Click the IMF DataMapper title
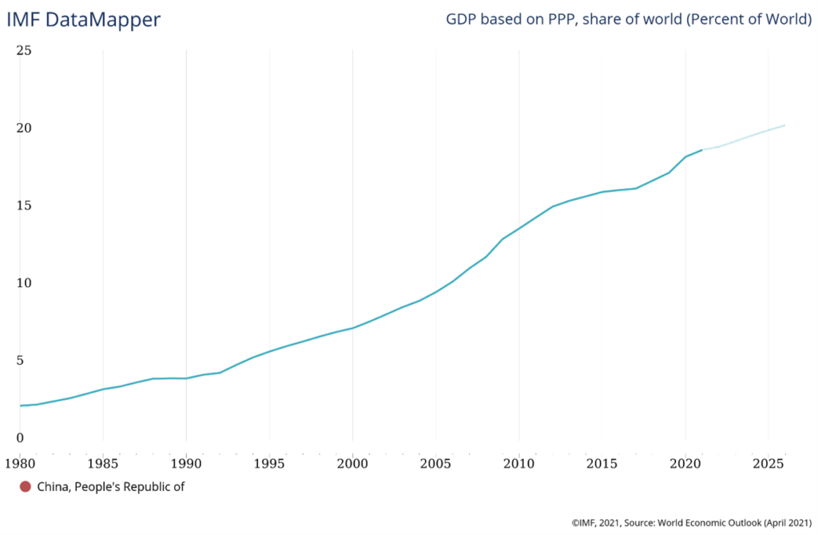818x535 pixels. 83,20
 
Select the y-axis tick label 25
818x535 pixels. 24,50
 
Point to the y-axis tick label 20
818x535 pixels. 24,128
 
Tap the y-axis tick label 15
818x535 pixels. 24,206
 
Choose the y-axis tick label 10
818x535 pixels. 24,283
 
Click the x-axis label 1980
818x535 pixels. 20,463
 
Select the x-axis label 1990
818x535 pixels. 186,463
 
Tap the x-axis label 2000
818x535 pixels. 352,463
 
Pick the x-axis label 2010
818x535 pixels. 518,463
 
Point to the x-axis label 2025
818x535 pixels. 768,463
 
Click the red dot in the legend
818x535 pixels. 26,486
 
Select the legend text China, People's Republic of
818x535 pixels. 111,486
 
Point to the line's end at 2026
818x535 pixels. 784,126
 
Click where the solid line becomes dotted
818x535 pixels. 702,150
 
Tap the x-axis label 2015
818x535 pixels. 602,463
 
